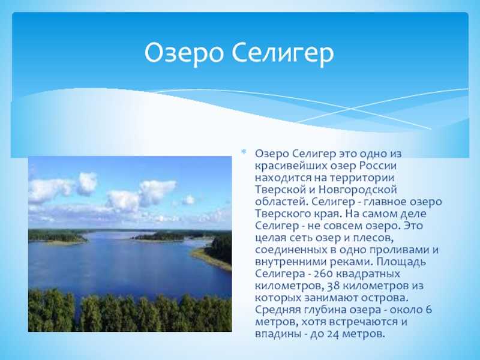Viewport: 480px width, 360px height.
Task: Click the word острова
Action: [386, 298]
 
